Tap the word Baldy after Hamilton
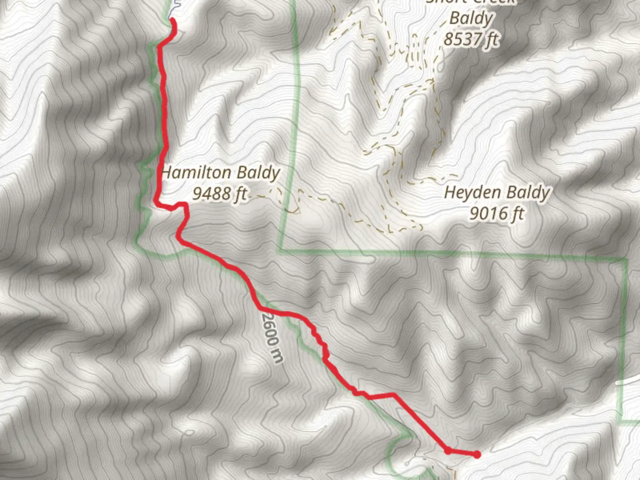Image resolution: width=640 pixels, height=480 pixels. [258, 173]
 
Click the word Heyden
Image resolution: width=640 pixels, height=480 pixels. [473, 193]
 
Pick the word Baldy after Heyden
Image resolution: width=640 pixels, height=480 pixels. [529, 193]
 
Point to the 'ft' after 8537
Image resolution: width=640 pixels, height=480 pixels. [492, 40]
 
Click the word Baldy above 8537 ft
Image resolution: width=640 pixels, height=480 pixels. [471, 19]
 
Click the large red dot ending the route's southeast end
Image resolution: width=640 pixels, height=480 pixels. [477, 454]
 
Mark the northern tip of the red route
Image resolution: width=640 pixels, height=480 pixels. [172, 20]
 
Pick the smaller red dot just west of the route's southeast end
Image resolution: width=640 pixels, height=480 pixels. [448, 451]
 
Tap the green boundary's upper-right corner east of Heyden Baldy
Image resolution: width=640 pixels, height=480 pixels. [626, 260]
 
